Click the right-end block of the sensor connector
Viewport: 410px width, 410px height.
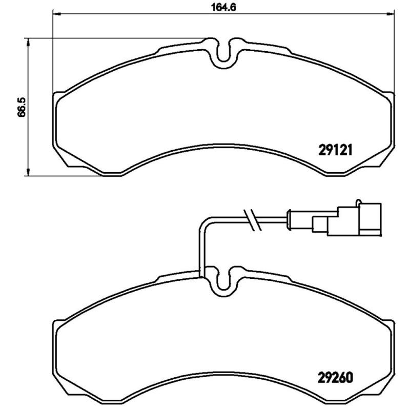(x=370, y=219)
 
